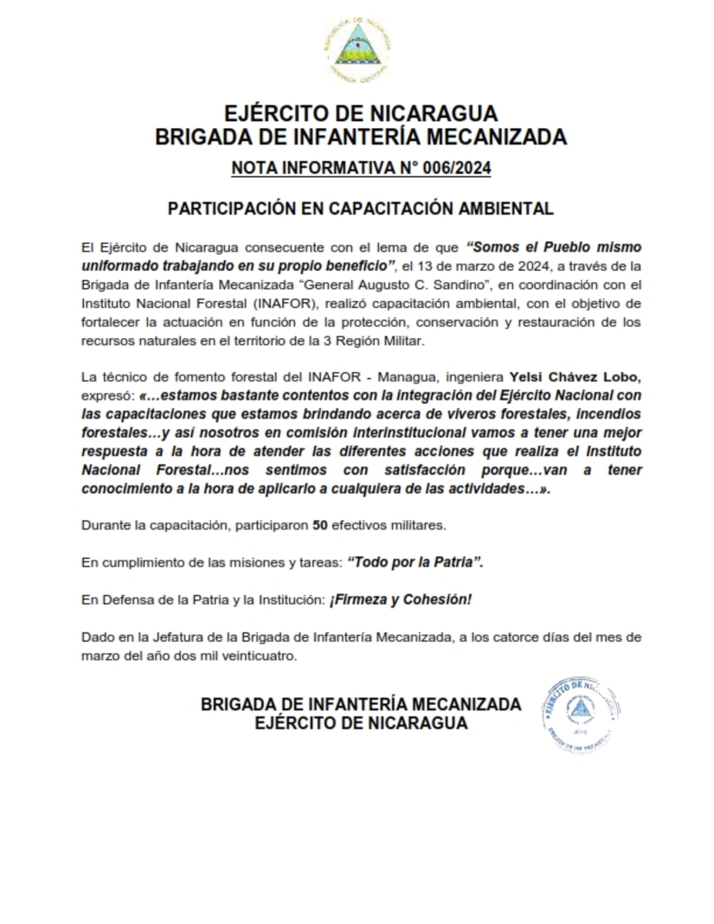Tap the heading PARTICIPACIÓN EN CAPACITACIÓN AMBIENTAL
pyautogui.click(x=360, y=209)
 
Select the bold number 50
pyautogui.click(x=319, y=525)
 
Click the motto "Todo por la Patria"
pyautogui.click(x=415, y=562)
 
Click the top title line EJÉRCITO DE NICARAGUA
pyautogui.click(x=360, y=113)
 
